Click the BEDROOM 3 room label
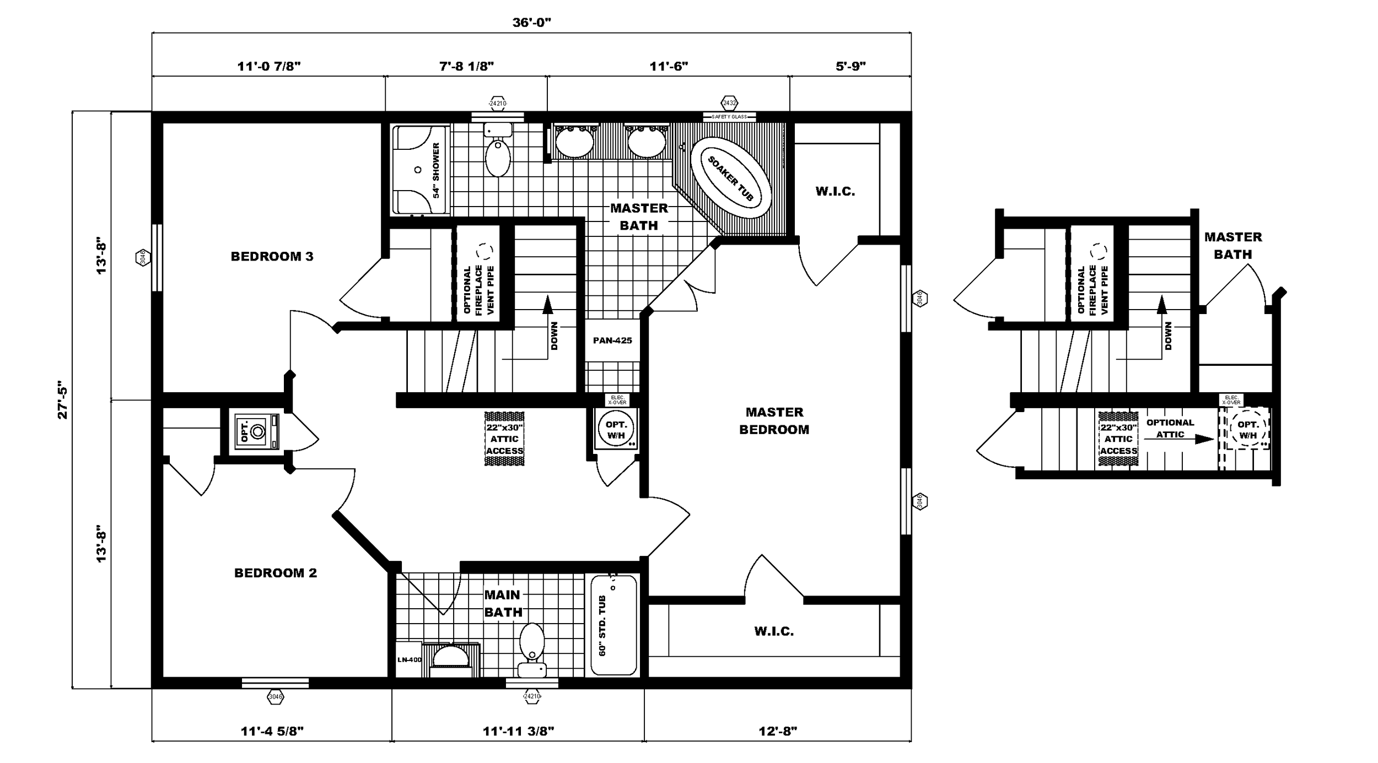coord(272,256)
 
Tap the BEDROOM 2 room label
coord(276,573)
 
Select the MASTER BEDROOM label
coord(774,421)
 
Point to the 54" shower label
coord(436,170)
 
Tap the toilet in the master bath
coord(498,151)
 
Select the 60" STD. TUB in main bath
coord(613,625)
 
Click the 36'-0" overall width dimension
coord(531,23)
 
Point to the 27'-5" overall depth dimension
coord(62,400)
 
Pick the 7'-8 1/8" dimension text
coord(466,67)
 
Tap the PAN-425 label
coord(612,340)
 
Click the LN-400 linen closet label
coord(409,659)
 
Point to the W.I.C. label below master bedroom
coord(774,631)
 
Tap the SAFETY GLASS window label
coord(729,117)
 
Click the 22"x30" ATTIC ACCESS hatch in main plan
coord(504,439)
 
